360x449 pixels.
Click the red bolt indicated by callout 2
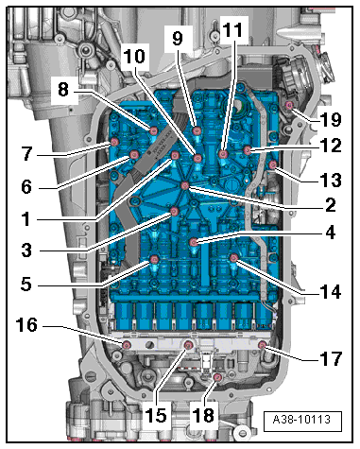tap(185, 185)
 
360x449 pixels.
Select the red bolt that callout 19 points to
tap(289, 105)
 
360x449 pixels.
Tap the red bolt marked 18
tap(217, 377)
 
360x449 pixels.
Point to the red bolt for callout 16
tap(127, 345)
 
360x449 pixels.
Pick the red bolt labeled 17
tap(263, 345)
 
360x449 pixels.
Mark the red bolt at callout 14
tap(233, 258)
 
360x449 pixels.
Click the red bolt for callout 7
tap(114, 142)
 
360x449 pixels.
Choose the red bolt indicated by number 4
tap(194, 242)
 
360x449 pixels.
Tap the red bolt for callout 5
tap(154, 259)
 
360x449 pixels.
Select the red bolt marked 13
tap(273, 164)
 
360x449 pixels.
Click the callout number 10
tap(134, 57)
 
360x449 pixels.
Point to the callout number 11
tap(232, 30)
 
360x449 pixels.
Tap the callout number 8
tap(63, 89)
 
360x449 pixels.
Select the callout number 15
tap(156, 414)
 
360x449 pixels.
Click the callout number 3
tap(26, 250)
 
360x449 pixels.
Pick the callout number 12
tap(331, 146)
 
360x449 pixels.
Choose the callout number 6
tap(26, 186)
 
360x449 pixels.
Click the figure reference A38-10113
tap(301, 420)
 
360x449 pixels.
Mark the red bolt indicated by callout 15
tap(188, 345)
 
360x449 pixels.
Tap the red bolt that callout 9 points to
tap(197, 130)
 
